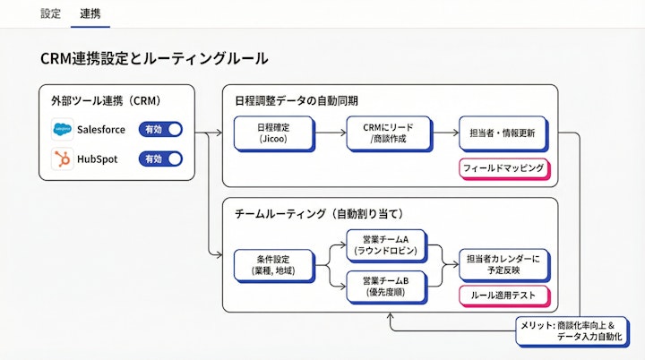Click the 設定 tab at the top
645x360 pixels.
pyautogui.click(x=51, y=13)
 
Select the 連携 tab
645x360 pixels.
pyautogui.click(x=90, y=13)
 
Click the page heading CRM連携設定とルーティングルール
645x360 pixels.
pyautogui.click(x=153, y=58)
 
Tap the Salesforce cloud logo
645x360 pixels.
pyautogui.click(x=62, y=130)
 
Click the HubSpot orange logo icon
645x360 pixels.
pyautogui.click(x=62, y=159)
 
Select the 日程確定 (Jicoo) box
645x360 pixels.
pyautogui.click(x=272, y=133)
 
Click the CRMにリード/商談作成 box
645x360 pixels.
pyautogui.click(x=388, y=133)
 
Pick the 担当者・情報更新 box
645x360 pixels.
pyautogui.click(x=502, y=133)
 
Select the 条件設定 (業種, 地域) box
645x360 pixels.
pyautogui.click(x=272, y=265)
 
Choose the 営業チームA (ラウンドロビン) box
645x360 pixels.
pyautogui.click(x=386, y=245)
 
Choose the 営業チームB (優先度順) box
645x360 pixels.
pyautogui.click(x=386, y=287)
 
